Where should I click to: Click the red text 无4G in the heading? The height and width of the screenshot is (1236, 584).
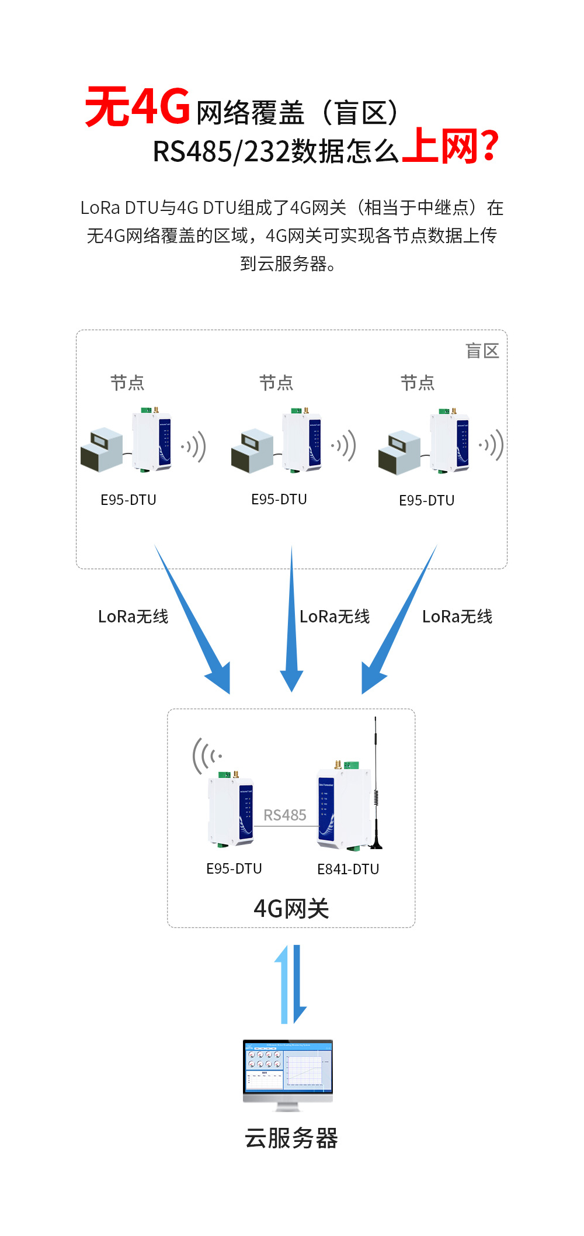point(138,106)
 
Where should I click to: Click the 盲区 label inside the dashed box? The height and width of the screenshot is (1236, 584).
point(482,351)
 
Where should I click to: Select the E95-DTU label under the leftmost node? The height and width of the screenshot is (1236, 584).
point(128,500)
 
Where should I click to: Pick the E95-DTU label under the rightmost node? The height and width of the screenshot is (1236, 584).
point(426,501)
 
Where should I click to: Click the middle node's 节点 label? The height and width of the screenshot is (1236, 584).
point(276,383)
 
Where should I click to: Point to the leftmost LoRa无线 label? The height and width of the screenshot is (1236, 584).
point(133,617)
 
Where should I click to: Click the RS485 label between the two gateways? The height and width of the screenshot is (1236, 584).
point(284,815)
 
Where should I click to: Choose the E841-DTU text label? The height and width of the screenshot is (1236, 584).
point(348,870)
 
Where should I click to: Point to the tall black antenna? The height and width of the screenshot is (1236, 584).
point(376,783)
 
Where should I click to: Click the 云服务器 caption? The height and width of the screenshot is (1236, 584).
point(291,1138)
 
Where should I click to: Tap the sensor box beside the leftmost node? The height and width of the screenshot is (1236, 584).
point(102,450)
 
